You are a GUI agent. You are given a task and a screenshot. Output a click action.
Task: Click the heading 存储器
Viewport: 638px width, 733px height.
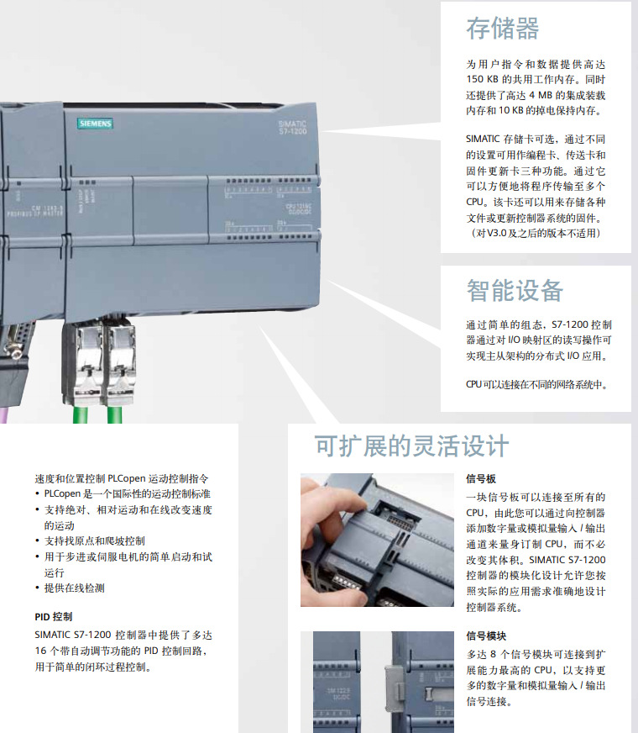(502, 29)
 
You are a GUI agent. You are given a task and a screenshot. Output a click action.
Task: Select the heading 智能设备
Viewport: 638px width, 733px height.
(515, 291)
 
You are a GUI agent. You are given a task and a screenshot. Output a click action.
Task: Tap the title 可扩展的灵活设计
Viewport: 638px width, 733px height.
(411, 445)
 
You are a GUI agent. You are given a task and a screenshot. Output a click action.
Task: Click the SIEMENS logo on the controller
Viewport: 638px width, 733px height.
(95, 124)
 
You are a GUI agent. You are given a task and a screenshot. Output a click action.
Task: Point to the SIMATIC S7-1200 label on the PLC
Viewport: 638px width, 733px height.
(293, 127)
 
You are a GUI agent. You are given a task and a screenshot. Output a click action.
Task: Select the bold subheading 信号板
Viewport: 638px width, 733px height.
(481, 479)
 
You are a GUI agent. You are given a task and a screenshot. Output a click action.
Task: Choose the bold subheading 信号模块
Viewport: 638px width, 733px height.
(486, 636)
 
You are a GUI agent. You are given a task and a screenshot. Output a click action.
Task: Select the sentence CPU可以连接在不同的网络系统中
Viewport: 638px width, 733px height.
(536, 385)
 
